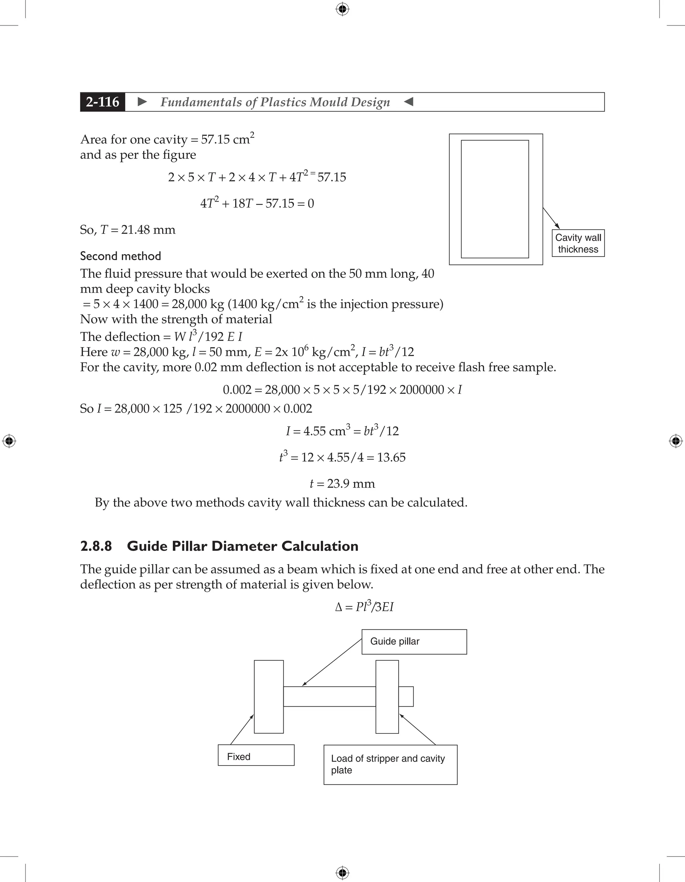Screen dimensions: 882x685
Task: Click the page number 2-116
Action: click(103, 102)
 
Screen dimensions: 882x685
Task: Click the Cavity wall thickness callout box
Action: click(578, 243)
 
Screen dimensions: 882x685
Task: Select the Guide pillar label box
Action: click(414, 641)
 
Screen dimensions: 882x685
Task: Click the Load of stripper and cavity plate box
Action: click(390, 765)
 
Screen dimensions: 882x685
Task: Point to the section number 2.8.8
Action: click(96, 546)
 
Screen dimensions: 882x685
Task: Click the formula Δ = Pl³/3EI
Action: click(364, 607)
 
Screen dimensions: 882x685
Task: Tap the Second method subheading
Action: click(120, 256)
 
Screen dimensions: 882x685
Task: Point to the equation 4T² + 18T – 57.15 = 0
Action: click(257, 203)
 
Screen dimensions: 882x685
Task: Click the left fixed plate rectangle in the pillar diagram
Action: click(269, 697)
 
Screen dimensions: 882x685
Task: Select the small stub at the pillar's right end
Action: click(406, 697)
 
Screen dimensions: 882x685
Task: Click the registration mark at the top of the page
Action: click(342, 9)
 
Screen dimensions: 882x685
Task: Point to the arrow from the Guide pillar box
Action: click(332, 663)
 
